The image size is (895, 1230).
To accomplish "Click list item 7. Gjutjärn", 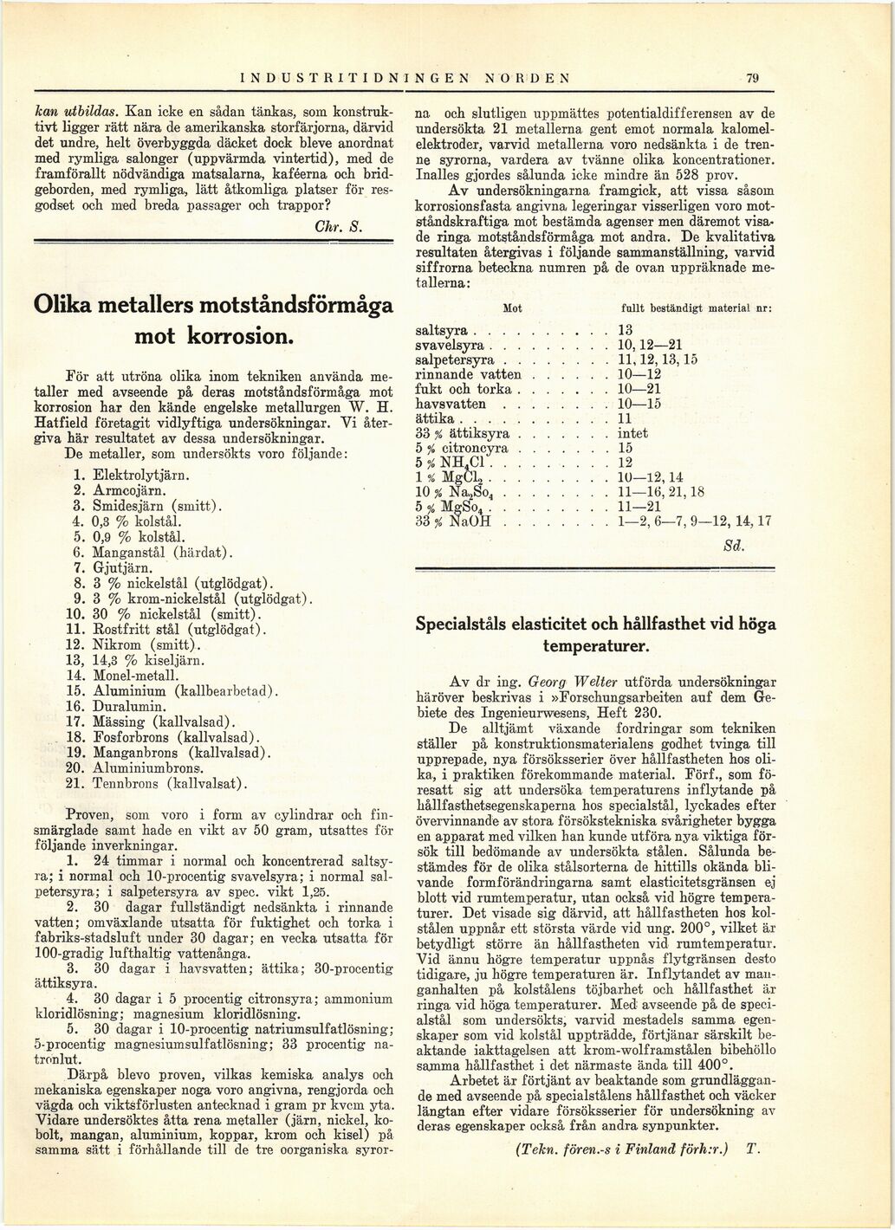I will [x=113, y=568].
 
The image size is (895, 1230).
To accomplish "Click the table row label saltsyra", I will [x=442, y=331].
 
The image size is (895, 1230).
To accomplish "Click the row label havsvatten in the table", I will [x=451, y=404].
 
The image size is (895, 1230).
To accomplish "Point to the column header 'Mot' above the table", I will [x=513, y=308].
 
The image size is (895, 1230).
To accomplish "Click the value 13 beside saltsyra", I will [x=626, y=331].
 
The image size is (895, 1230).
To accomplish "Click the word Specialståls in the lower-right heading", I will [x=464, y=624].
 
